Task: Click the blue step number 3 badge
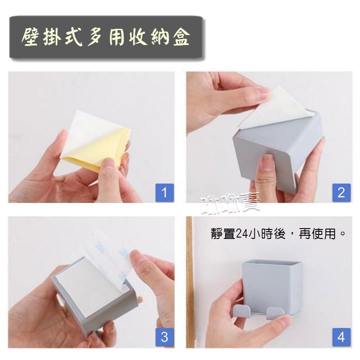coord(164,337)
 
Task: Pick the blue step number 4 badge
coord(341,337)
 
